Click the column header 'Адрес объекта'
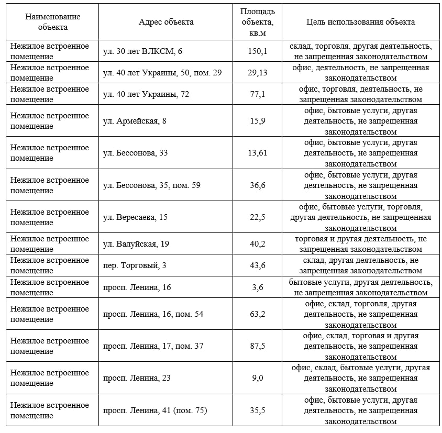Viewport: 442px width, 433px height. (x=166, y=22)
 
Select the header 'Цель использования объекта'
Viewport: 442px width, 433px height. (x=360, y=22)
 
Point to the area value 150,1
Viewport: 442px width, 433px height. (x=258, y=51)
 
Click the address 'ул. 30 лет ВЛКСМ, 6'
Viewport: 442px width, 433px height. (x=142, y=51)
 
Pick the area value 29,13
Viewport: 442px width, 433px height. (x=258, y=73)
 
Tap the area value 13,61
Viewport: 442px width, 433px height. (x=258, y=153)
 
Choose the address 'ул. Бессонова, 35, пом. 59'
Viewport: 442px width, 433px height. (x=152, y=185)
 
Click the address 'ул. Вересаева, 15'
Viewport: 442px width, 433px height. (x=135, y=217)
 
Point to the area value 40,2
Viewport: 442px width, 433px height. (x=258, y=244)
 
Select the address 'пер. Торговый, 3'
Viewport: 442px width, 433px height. (x=135, y=265)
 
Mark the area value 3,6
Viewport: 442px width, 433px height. (x=258, y=287)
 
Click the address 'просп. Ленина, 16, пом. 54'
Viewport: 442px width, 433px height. (x=153, y=314)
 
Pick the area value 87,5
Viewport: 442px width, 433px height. (x=258, y=346)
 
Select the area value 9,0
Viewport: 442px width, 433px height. (x=258, y=378)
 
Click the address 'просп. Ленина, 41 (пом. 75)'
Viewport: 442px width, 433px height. (x=155, y=410)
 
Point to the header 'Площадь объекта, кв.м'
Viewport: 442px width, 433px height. (x=258, y=22)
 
